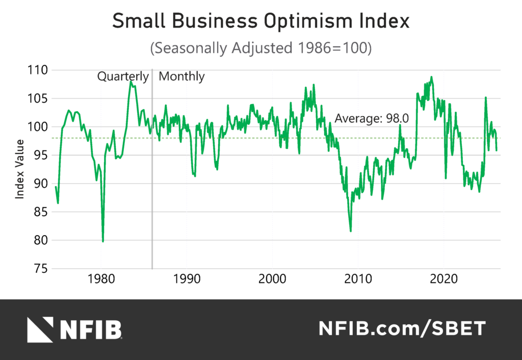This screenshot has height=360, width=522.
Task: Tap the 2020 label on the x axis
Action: click(443, 280)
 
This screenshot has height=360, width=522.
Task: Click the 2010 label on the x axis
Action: click(358, 280)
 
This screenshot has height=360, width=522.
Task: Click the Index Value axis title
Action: click(19, 169)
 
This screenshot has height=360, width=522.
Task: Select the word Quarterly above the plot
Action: click(123, 76)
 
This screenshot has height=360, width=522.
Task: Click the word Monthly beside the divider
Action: click(182, 76)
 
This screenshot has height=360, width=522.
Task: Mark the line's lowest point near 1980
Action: click(103, 241)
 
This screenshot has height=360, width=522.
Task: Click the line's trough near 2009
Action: click(350, 231)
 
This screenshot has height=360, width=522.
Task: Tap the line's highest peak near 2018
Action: click(431, 77)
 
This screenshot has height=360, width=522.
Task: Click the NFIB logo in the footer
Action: click(74, 329)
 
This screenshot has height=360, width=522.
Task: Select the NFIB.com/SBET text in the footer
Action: click(402, 329)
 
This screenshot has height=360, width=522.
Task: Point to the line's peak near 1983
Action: click(131, 81)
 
